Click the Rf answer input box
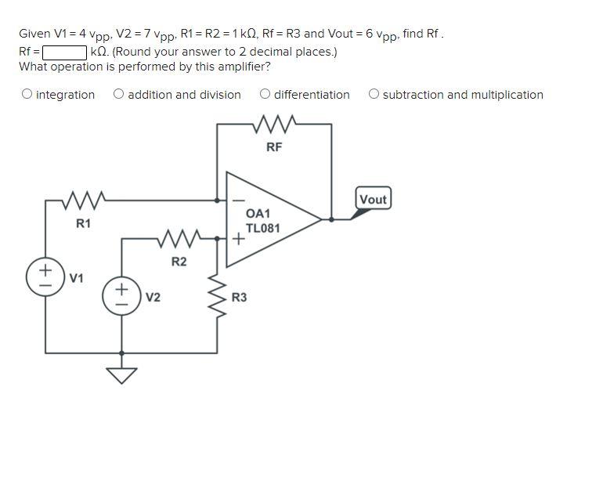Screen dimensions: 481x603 [64, 52]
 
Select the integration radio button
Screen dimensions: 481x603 [27, 95]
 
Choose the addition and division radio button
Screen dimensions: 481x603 [118, 95]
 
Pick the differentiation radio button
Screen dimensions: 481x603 [265, 95]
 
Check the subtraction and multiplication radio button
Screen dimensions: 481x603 [374, 95]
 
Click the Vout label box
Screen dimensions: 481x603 [373, 199]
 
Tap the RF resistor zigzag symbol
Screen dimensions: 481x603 [274, 124]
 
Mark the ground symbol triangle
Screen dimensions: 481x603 [121, 375]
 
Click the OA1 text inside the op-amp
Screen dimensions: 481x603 [258, 214]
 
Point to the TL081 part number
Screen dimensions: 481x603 [262, 228]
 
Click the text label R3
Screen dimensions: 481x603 [239, 298]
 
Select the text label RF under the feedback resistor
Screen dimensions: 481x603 [273, 146]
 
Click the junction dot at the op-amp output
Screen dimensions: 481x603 [331, 220]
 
